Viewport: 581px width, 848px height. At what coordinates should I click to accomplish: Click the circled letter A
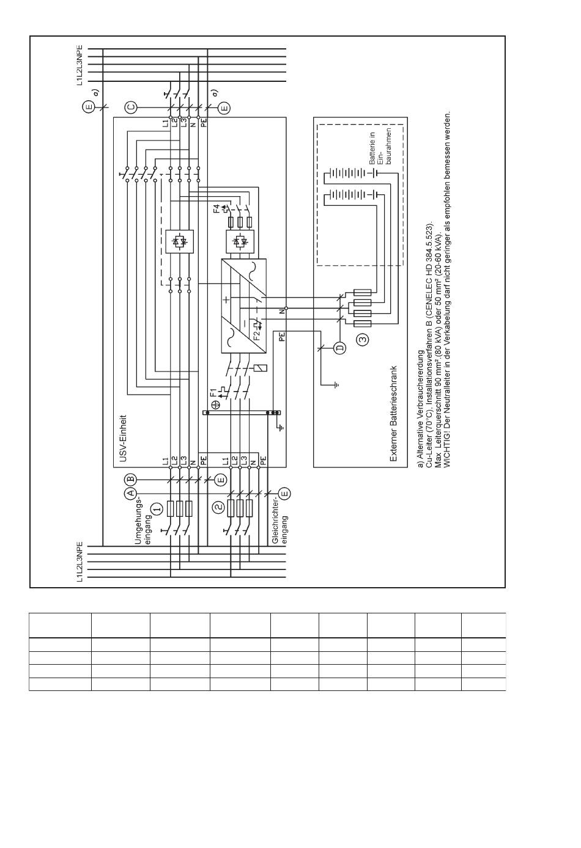(x=130, y=492)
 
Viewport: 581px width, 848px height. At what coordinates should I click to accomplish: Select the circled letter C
(x=130, y=108)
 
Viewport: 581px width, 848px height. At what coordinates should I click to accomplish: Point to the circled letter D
(x=340, y=348)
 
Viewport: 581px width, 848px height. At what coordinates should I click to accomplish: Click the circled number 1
(x=157, y=508)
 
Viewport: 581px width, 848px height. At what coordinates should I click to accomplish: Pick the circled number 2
(x=217, y=508)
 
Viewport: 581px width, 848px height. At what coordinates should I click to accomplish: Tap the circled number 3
(x=363, y=338)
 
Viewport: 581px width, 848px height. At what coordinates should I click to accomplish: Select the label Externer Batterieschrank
(x=394, y=414)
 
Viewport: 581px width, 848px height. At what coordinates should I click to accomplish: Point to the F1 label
(x=214, y=391)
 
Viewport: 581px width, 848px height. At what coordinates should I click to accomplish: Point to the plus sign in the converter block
(x=226, y=299)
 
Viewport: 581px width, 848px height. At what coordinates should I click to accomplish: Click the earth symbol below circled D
(x=335, y=385)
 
